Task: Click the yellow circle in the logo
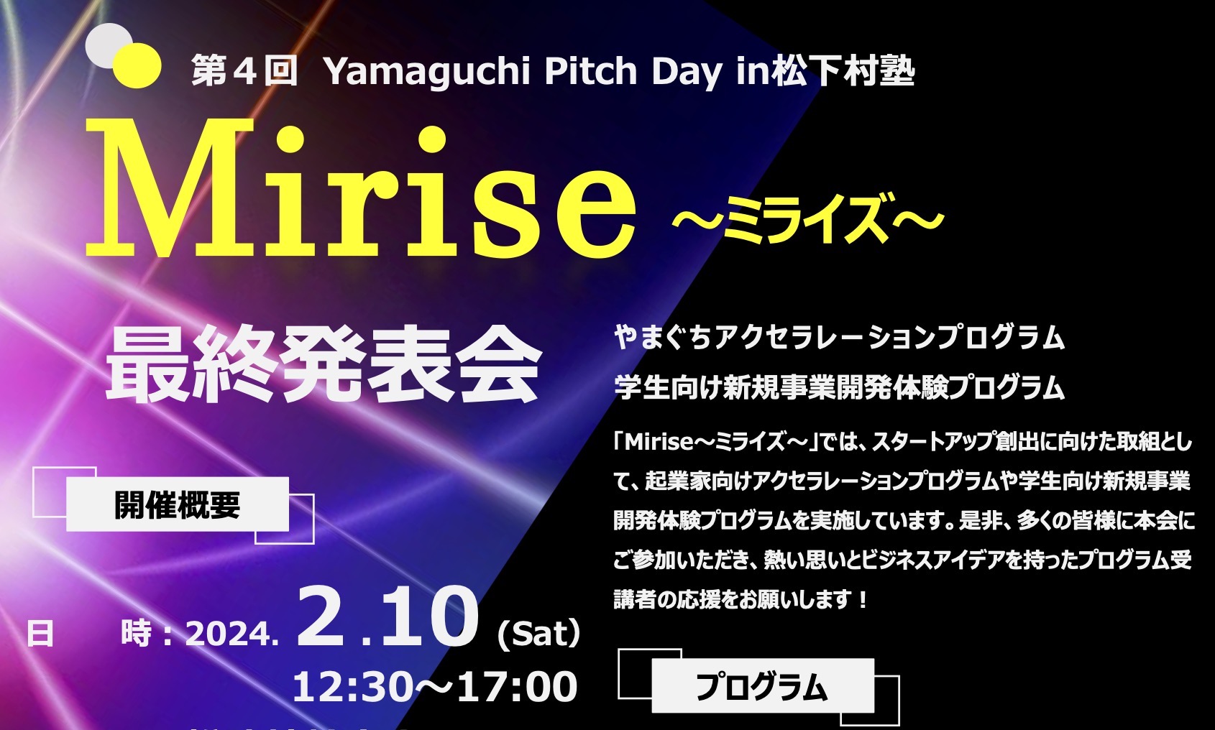point(137,65)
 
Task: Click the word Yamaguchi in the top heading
point(427,72)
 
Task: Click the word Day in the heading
point(687,72)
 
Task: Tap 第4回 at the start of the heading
point(244,72)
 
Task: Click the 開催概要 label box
point(177,504)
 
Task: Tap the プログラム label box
point(762,687)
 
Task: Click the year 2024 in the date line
point(229,634)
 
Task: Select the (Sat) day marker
point(538,634)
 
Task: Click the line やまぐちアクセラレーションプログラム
point(839,337)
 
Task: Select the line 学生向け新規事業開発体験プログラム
point(839,387)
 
